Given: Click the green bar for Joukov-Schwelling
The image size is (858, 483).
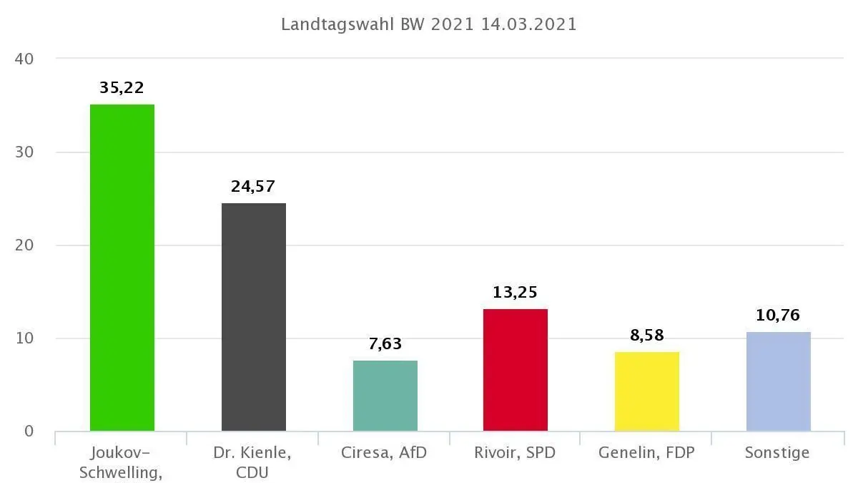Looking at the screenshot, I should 122,268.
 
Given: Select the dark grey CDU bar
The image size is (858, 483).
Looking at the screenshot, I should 254,317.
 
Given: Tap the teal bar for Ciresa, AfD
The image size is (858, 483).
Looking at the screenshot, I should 385,396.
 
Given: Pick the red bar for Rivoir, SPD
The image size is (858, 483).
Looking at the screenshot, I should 516,370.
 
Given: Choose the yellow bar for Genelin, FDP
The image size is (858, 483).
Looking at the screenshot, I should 647,391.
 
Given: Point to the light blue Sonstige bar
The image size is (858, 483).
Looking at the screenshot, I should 779,381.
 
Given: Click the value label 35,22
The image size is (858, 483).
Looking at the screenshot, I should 122,88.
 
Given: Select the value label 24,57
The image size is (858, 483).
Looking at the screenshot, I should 254,187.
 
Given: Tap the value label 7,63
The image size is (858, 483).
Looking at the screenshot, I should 385,344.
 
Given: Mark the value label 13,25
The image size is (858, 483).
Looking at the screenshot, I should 516,293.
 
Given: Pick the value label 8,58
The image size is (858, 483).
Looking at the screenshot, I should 647,335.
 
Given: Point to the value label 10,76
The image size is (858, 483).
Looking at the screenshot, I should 779,316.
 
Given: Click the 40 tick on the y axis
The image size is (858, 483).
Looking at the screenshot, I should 24,59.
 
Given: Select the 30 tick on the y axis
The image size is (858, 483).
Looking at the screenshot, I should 24,152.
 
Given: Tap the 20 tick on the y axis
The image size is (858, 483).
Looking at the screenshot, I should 24,245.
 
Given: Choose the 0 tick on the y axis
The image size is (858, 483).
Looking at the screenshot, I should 29,431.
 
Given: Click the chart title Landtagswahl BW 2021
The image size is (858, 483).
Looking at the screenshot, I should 429,24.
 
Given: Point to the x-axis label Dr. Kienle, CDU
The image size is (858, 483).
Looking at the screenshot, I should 253,462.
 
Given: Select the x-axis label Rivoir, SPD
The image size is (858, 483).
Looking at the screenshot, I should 515,453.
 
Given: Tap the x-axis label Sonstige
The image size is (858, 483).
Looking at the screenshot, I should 777,453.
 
